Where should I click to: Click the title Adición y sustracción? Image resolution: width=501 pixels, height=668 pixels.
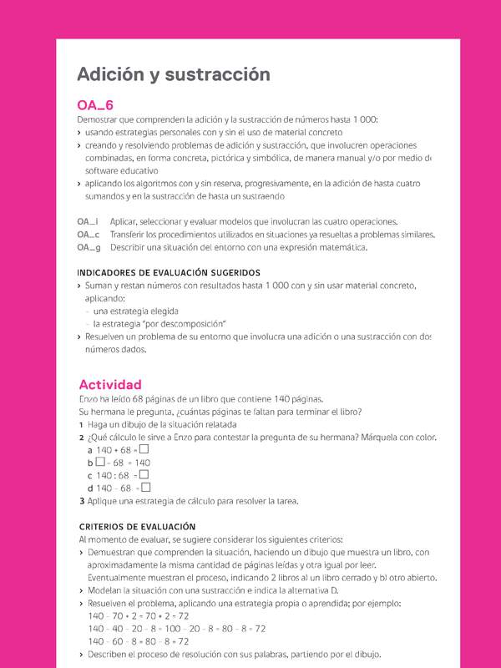pos(174,74)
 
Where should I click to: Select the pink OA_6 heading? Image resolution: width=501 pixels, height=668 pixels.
pos(94,105)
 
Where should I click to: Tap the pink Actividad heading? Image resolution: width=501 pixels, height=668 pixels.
pos(110,384)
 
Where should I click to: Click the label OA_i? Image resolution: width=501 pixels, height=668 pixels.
pos(88,221)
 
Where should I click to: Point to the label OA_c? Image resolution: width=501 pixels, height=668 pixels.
pos(89,235)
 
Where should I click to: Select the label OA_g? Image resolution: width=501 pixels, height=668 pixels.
pos(89,247)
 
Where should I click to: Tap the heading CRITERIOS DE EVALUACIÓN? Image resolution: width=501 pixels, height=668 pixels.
pos(136,527)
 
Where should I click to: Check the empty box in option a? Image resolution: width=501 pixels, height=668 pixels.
pos(144,448)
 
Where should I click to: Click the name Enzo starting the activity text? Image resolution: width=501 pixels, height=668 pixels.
pos(88,398)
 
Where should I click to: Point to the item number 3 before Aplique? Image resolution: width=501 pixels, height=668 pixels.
pos(81,501)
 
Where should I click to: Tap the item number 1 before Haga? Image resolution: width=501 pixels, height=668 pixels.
pos(81,424)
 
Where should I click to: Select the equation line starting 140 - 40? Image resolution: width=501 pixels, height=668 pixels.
pos(176,628)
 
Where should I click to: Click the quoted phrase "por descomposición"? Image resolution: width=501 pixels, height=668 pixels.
pos(185,323)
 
